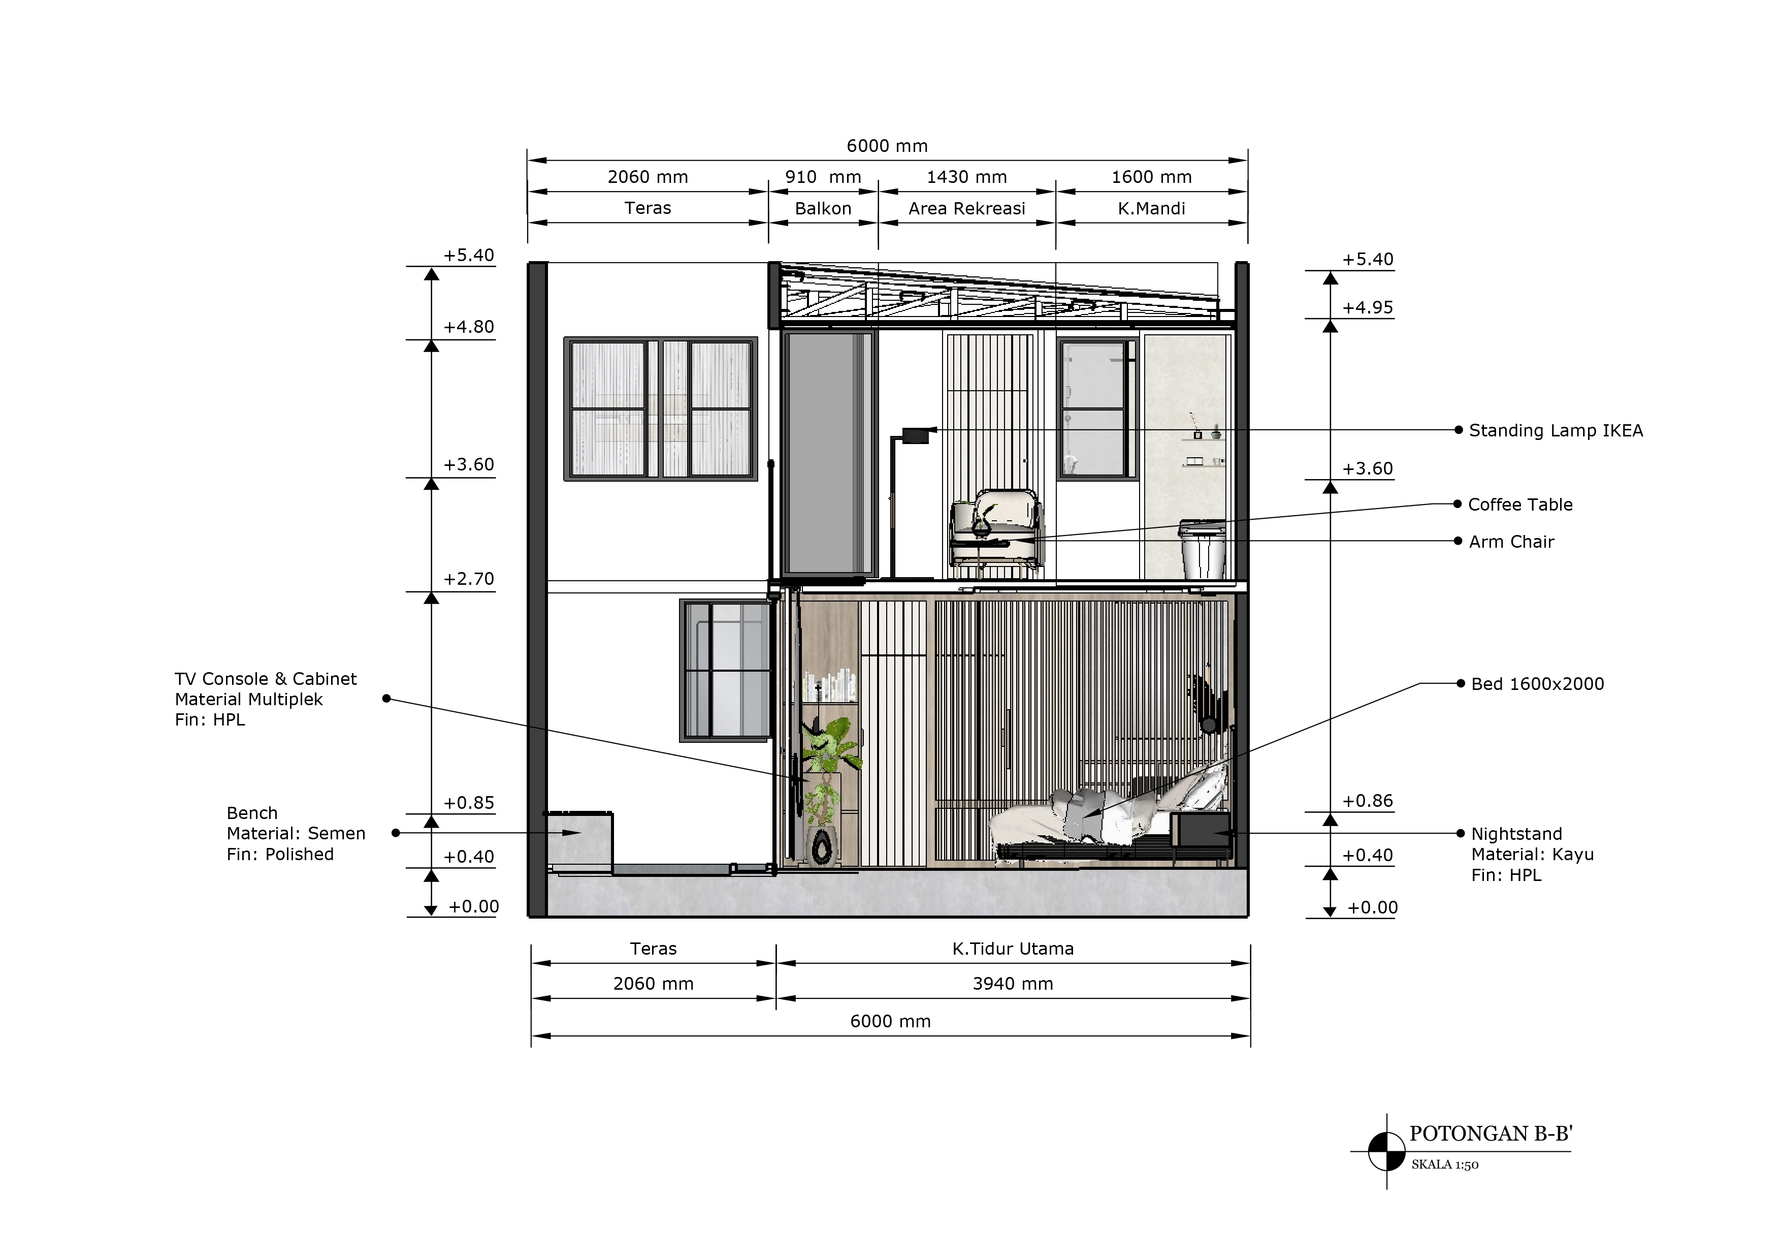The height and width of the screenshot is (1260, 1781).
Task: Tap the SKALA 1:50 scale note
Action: (1444, 1164)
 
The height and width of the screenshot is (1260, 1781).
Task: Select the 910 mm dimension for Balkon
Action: (823, 177)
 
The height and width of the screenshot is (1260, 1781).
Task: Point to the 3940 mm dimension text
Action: (1013, 984)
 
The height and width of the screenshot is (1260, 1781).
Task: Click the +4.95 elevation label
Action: (1368, 307)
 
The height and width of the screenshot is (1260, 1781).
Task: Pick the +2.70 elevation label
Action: (469, 579)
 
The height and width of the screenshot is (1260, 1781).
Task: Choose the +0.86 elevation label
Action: (1368, 801)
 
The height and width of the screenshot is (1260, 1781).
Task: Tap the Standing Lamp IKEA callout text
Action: (1556, 431)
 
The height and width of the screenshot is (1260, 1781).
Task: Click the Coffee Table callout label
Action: (1520, 505)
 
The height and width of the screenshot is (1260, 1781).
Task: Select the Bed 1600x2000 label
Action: (1537, 683)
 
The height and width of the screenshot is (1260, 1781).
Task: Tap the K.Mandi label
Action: (1151, 208)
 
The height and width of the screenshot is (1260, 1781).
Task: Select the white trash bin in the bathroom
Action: (1203, 550)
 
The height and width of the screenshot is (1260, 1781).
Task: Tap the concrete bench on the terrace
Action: (578, 842)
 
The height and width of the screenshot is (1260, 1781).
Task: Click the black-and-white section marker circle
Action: (1387, 1151)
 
